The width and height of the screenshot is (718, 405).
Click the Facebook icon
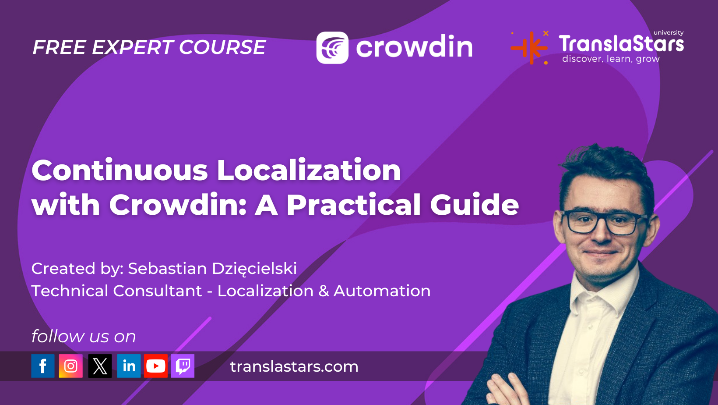click(x=43, y=366)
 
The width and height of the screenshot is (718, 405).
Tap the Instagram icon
click(x=70, y=366)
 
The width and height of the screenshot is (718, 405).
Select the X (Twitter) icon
click(x=100, y=366)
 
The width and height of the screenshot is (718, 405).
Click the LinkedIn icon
click(x=129, y=366)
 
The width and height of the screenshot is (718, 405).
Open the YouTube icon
click(x=156, y=366)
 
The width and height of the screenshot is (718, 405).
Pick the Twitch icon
click(x=183, y=366)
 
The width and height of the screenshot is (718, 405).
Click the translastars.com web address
click(x=294, y=366)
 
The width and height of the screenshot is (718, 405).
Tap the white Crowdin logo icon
click(x=332, y=47)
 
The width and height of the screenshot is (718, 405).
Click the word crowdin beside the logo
click(x=414, y=47)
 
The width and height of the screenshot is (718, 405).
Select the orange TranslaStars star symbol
click(x=530, y=47)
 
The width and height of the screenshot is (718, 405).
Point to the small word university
click(x=668, y=33)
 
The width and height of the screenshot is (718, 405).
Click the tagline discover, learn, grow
click(x=611, y=59)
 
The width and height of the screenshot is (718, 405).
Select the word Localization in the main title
click(x=309, y=170)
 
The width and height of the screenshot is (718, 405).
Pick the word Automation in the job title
click(x=382, y=291)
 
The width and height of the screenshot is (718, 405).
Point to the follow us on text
click(x=84, y=337)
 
